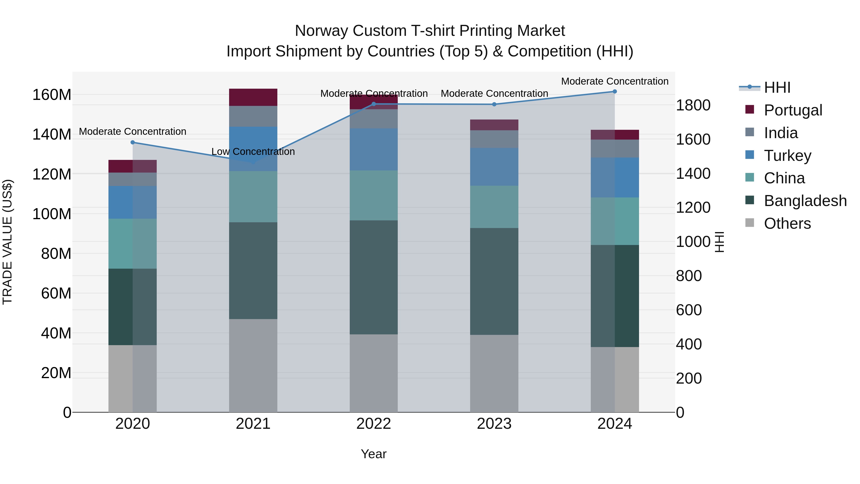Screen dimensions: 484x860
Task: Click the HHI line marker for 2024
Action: coord(615,92)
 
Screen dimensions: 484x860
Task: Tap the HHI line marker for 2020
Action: coord(133,142)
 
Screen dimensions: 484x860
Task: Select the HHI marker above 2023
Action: coord(494,104)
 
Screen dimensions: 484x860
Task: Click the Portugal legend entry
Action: coord(793,110)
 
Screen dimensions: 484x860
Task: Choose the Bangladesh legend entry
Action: coord(805,201)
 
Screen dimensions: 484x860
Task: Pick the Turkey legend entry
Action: coord(787,156)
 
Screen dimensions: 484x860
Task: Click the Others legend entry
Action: coord(787,223)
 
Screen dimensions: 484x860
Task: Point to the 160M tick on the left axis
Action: coord(52,95)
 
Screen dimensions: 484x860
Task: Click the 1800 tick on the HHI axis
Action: coord(693,105)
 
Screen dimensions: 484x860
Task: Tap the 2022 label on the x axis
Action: coord(374,424)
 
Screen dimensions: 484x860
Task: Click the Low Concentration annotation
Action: coord(253,152)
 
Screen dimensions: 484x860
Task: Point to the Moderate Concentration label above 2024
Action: coord(615,81)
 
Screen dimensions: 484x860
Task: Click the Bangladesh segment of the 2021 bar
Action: coord(253,271)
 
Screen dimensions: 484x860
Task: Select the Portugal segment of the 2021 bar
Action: coord(253,97)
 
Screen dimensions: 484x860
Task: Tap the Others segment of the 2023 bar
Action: coord(494,373)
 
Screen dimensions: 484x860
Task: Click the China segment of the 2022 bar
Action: coord(374,196)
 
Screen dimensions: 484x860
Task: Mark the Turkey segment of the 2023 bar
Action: coord(494,167)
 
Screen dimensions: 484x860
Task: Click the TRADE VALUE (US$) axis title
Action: coord(7,242)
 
